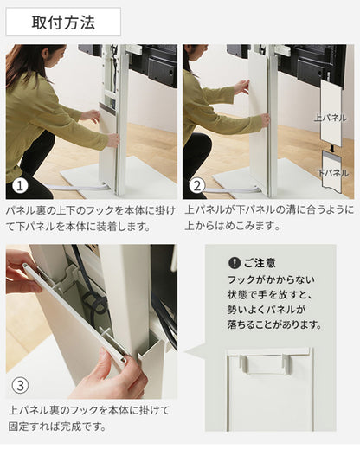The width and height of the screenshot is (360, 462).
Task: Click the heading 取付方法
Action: [x=63, y=22]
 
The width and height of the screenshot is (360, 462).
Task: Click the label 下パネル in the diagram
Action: [x=333, y=173]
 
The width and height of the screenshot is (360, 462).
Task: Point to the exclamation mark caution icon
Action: [x=234, y=263]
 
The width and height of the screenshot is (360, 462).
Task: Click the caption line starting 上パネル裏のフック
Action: [x=88, y=409]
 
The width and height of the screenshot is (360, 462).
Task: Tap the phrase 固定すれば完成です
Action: [x=59, y=426]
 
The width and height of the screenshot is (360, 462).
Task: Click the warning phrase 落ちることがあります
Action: [x=274, y=324]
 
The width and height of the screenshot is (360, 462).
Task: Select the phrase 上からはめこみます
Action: [x=235, y=227]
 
